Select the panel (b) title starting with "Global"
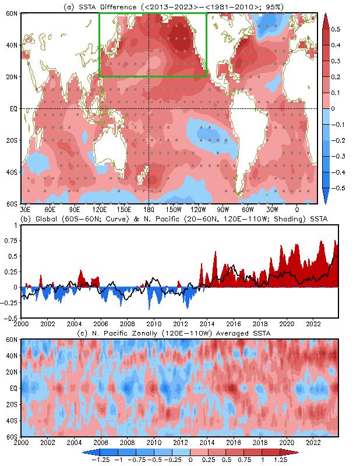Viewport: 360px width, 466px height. [x=175, y=218]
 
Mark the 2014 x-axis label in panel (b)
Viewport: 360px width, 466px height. [x=207, y=324]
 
